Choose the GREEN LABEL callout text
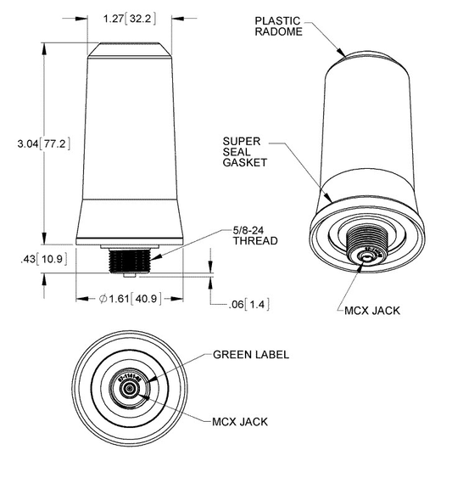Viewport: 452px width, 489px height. pos(250,354)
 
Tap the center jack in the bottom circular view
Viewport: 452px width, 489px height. pos(128,388)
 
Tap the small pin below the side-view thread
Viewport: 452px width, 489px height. pos(128,275)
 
